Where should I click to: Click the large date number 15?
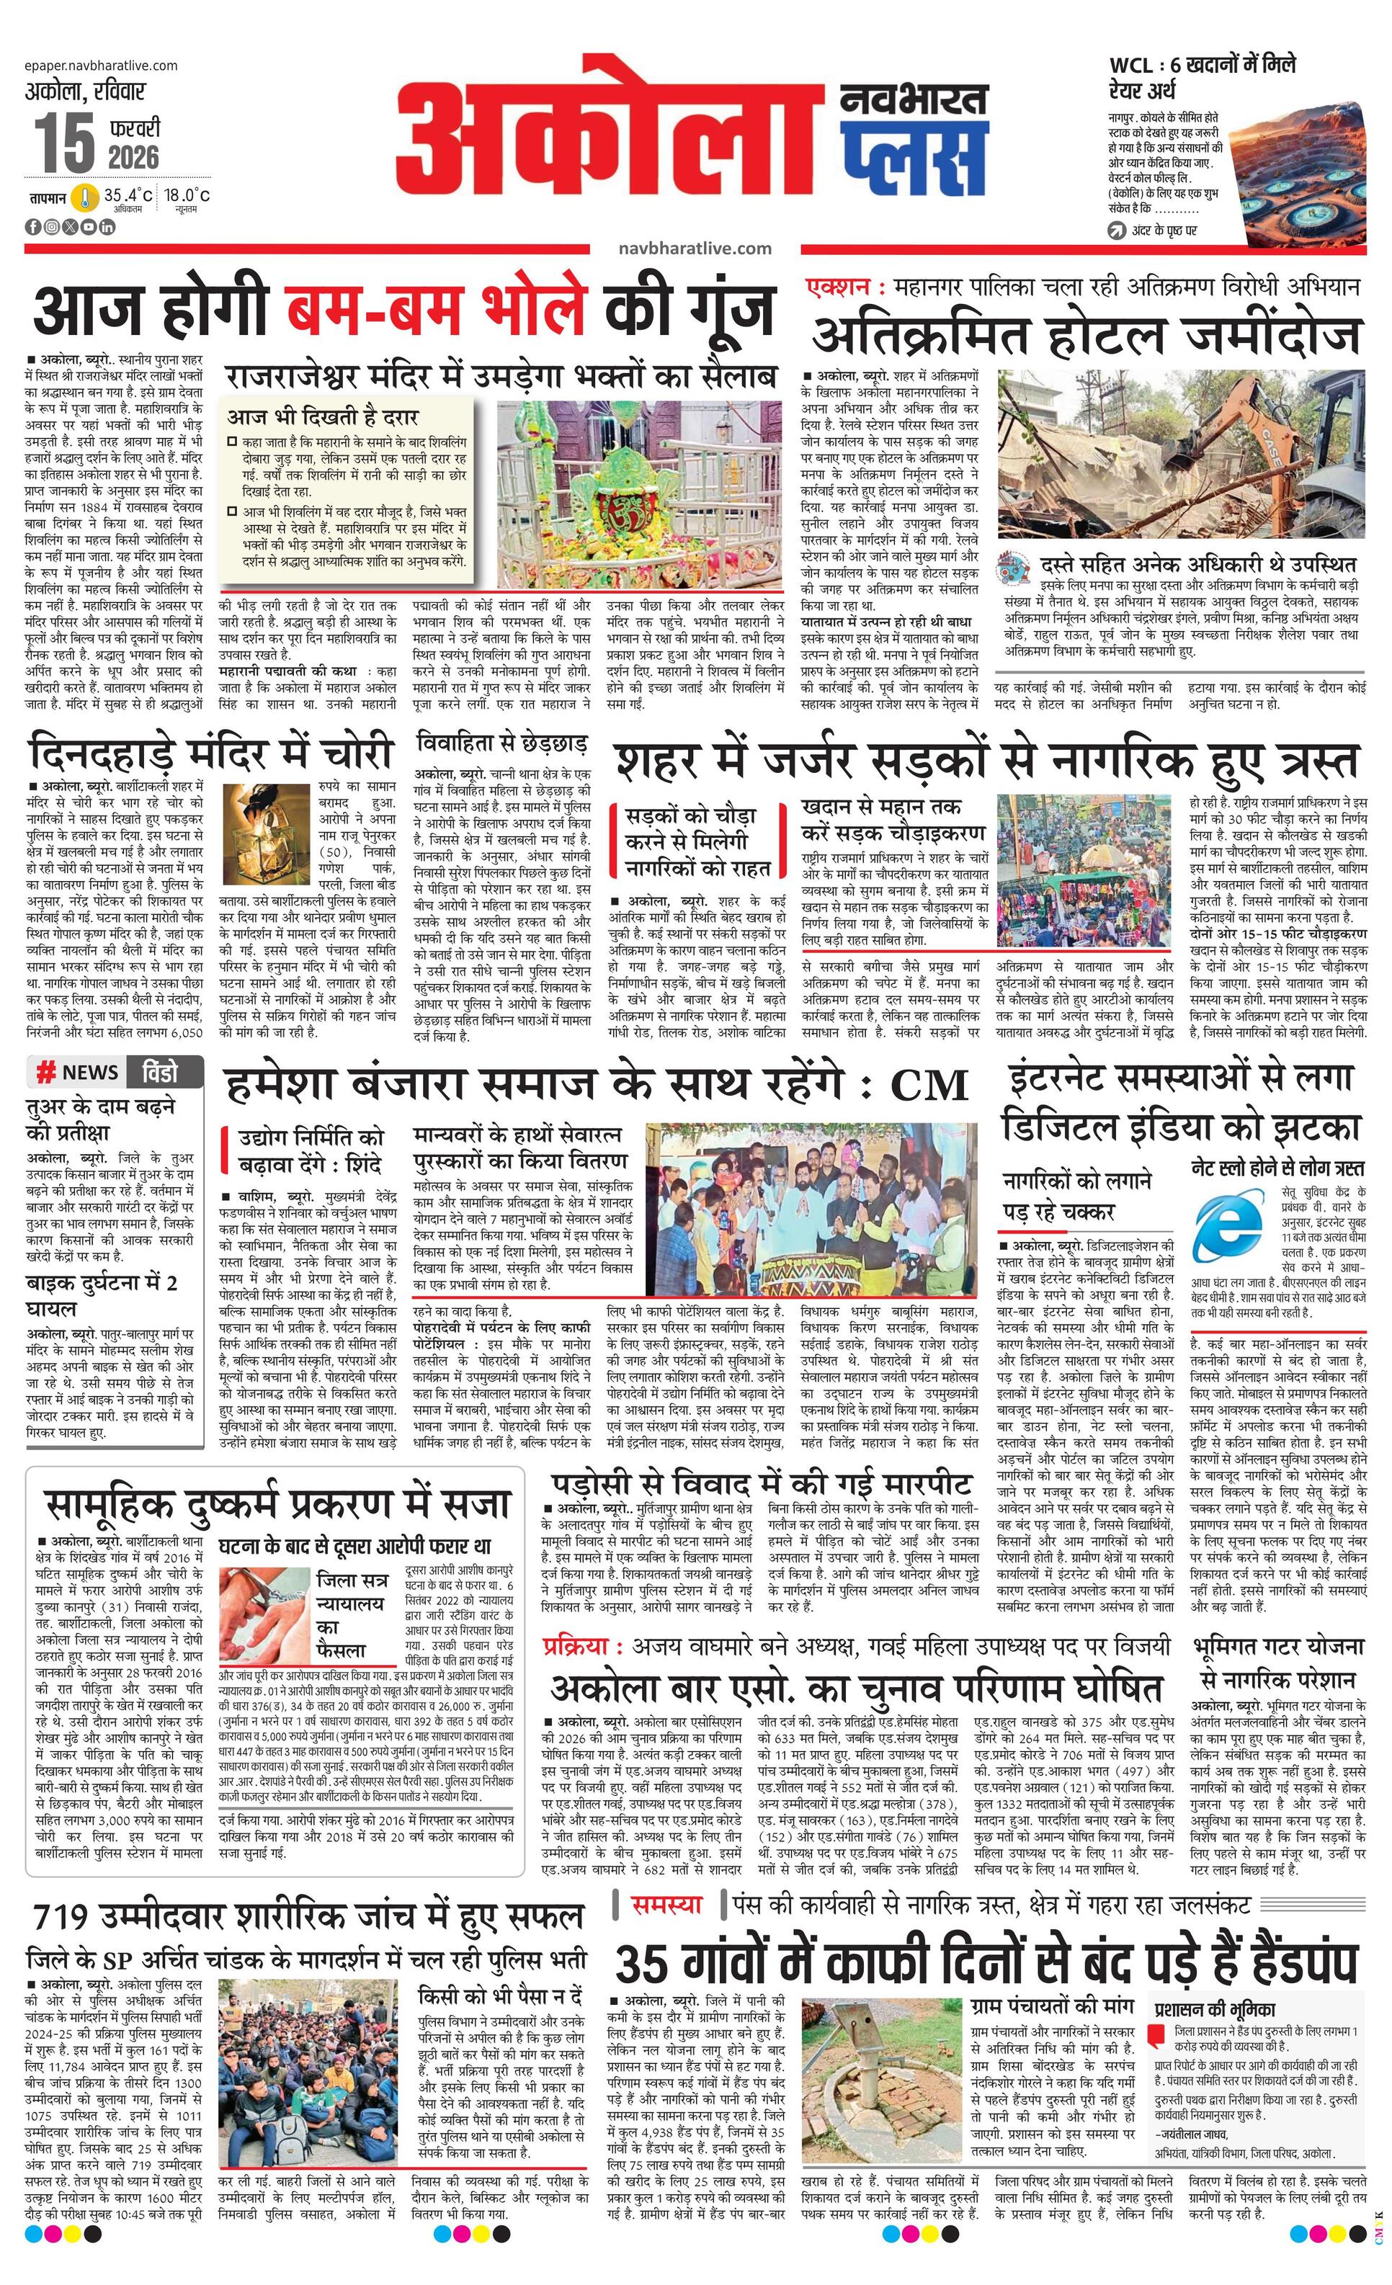(x=66, y=142)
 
